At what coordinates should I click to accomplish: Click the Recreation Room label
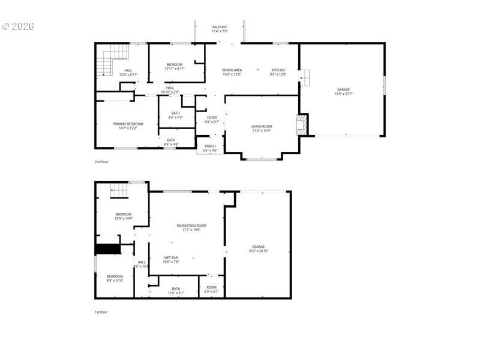(x=191, y=227)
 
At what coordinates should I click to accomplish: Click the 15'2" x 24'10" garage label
(x=259, y=249)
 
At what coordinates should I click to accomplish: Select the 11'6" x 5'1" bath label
(x=176, y=290)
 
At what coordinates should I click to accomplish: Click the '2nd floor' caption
(x=101, y=162)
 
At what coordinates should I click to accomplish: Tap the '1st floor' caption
(x=101, y=312)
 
